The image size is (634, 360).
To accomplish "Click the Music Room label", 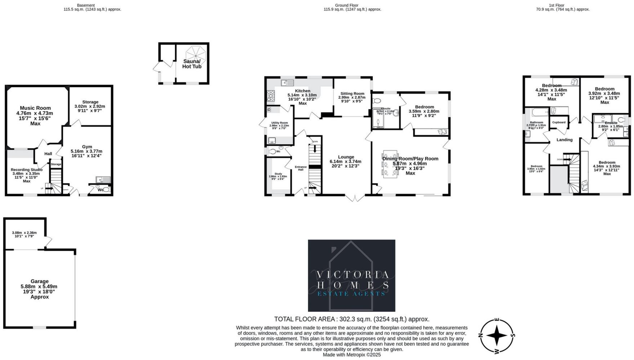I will click(35, 108).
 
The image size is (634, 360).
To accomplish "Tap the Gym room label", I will click(87, 147).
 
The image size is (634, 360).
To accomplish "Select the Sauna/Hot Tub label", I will click(192, 64).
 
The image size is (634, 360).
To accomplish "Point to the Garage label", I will click(39, 282).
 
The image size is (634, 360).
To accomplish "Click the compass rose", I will click(497, 336).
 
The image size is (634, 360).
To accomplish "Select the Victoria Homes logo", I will click(351, 276).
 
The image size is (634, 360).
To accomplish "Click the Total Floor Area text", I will click(352, 319).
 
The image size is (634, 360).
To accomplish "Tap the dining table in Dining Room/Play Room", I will click(390, 164).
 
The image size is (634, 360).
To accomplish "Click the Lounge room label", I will click(346, 157).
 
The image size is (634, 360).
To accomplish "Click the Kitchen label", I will click(302, 91).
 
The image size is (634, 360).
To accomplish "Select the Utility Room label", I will click(280, 123).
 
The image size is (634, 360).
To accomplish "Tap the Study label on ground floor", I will click(278, 174).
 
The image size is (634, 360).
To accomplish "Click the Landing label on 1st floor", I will click(564, 140).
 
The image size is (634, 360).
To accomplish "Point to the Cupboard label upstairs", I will click(559, 122).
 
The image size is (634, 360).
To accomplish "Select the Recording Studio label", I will click(27, 170).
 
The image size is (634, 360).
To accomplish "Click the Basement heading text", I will click(86, 5).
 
